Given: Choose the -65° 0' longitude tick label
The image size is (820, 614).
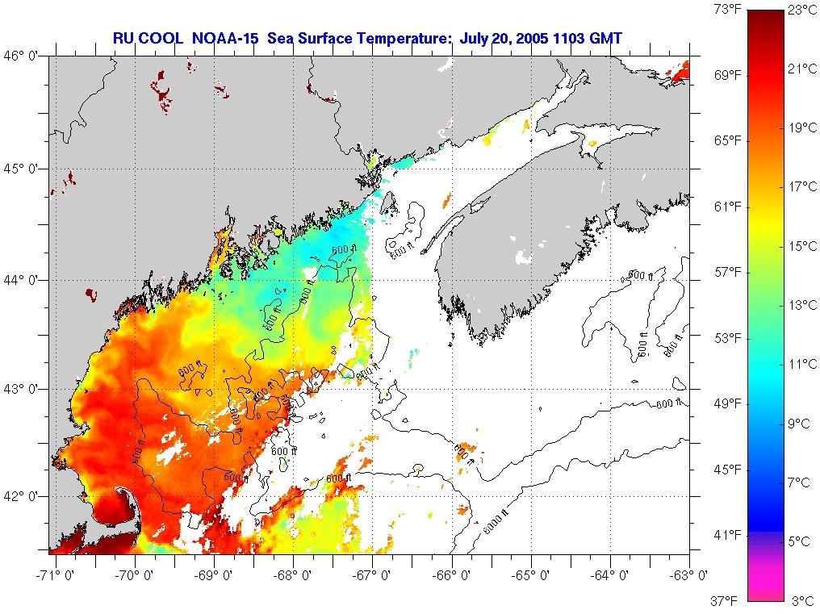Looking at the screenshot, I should (533, 576).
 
